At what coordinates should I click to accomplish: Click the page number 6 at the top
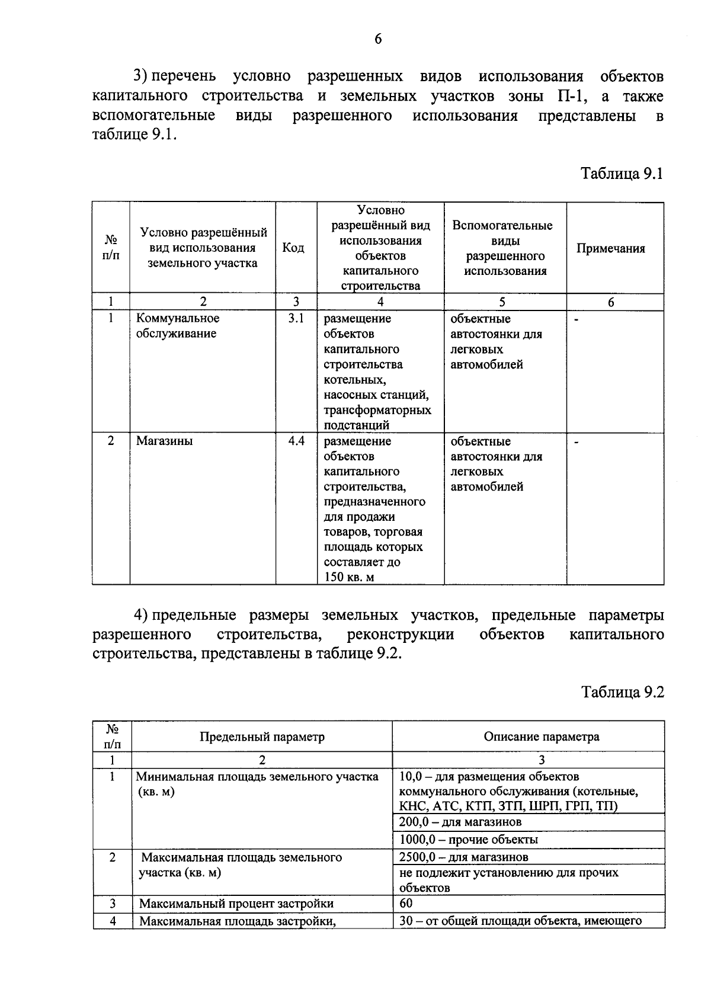pyautogui.click(x=378, y=39)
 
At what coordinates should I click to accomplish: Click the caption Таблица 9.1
pyautogui.click(x=622, y=174)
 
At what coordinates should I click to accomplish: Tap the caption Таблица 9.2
pyautogui.click(x=622, y=692)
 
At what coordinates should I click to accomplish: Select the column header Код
pyautogui.click(x=293, y=248)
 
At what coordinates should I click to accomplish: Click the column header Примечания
pyautogui.click(x=610, y=249)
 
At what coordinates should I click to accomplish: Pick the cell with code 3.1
pyautogui.click(x=296, y=319)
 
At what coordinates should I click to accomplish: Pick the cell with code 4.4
pyautogui.click(x=296, y=441)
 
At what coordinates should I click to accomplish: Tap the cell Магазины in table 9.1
pyautogui.click(x=164, y=441)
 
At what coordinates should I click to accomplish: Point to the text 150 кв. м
pyautogui.click(x=349, y=577)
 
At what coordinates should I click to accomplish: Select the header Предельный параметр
pyautogui.click(x=262, y=737)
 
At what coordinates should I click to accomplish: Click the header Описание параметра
pyautogui.click(x=541, y=737)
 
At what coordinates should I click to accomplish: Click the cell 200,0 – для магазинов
pyautogui.click(x=460, y=822)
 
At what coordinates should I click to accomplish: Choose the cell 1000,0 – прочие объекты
pyautogui.click(x=468, y=840)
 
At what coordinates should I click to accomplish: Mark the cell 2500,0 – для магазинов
pyautogui.click(x=463, y=857)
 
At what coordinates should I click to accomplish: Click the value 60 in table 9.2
pyautogui.click(x=406, y=903)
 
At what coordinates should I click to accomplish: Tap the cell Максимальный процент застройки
pyautogui.click(x=236, y=904)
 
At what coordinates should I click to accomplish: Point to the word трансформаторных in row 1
pyautogui.click(x=377, y=410)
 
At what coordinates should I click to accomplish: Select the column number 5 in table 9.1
pyautogui.click(x=502, y=302)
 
